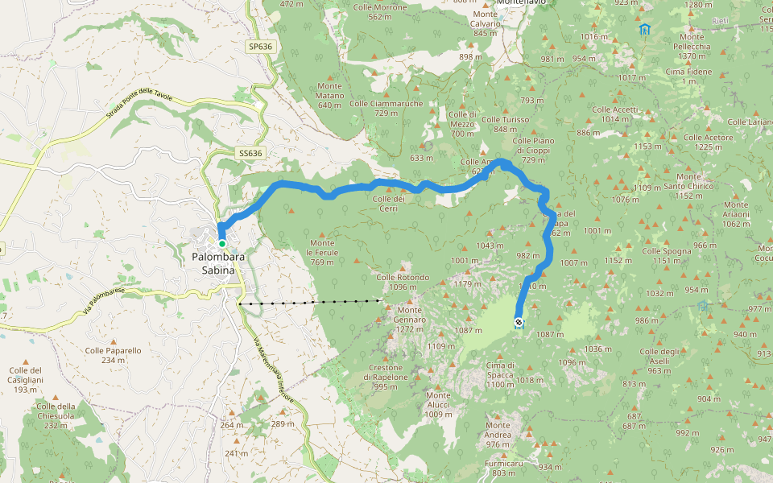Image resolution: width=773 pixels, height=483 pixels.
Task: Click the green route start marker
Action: tap(221, 243)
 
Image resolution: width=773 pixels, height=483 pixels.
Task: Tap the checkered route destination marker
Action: tap(519, 323)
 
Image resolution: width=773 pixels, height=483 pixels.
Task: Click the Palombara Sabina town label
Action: tap(213, 264)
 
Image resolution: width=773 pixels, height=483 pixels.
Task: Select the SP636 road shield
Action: tap(260, 47)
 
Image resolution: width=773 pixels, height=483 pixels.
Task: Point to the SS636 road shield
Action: tap(250, 153)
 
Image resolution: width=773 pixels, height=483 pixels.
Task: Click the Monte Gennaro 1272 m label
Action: tap(409, 316)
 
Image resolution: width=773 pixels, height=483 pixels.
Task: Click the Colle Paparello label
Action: tap(113, 355)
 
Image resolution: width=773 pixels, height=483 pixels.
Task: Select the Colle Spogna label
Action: tap(667, 255)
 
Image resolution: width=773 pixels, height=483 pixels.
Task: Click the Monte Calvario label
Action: tap(486, 19)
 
